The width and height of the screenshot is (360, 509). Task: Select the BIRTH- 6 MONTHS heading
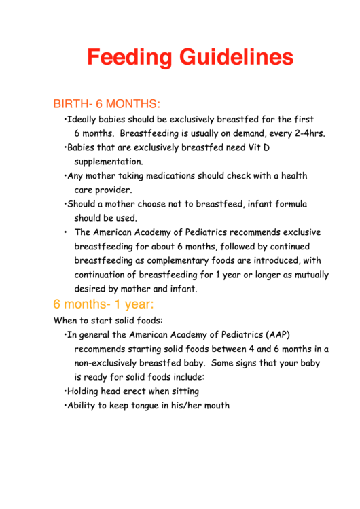tap(107, 104)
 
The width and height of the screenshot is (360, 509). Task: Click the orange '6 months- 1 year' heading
tap(104, 304)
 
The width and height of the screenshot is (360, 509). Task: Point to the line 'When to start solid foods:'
tap(108, 320)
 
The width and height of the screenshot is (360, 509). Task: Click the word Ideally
tap(84, 119)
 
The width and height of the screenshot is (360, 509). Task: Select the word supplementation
tap(109, 162)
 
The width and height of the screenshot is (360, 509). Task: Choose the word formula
tap(289, 204)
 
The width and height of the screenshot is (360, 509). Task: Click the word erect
tap(132, 391)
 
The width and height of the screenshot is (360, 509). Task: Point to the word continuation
tap(102, 275)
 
